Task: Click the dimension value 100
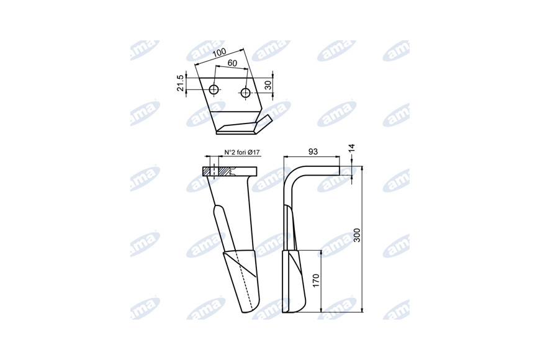point(219,53)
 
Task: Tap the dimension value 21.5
point(180,83)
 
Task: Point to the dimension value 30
point(268,85)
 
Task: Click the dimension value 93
point(313,151)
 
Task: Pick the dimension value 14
point(351,148)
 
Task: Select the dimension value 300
point(357,235)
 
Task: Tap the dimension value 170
point(317,281)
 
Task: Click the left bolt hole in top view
point(215,89)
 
